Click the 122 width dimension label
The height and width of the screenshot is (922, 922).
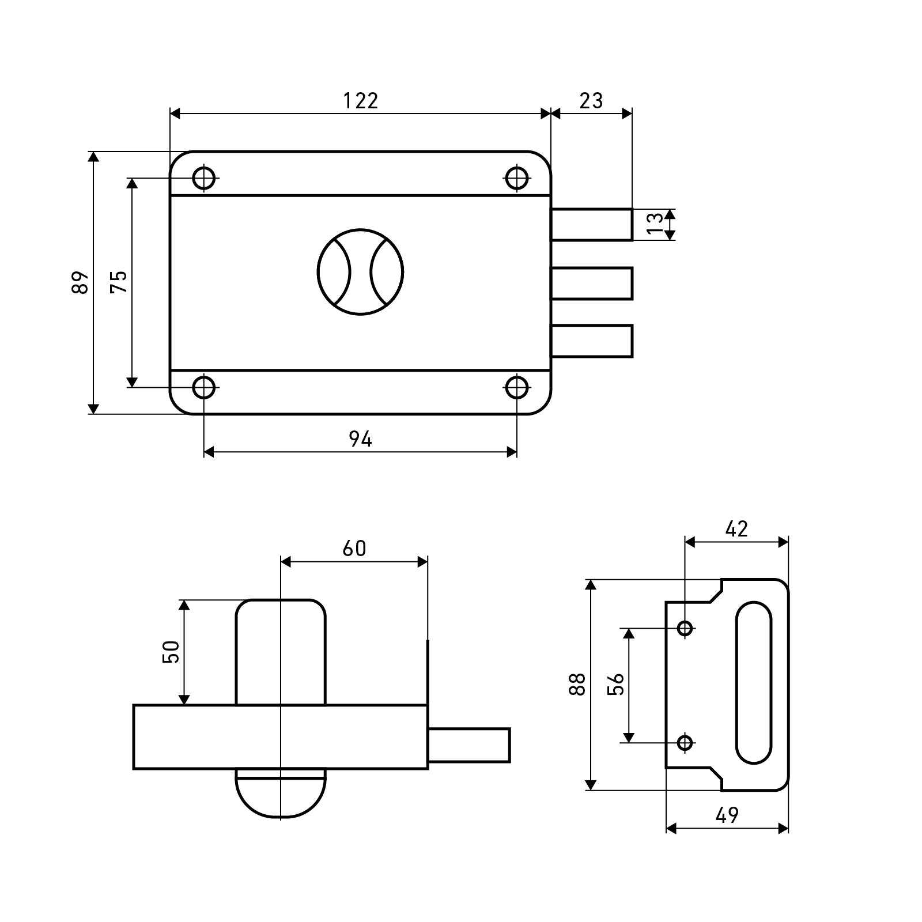(x=361, y=101)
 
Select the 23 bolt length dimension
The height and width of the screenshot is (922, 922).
(x=591, y=101)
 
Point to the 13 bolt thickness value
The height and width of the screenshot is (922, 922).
(x=655, y=224)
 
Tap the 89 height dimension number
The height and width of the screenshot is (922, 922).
(x=81, y=282)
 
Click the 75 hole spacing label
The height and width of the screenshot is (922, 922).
(x=118, y=282)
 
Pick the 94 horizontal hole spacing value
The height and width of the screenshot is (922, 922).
(x=361, y=440)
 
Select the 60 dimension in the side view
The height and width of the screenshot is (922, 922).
(x=354, y=549)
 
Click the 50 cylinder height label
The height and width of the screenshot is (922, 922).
(x=171, y=652)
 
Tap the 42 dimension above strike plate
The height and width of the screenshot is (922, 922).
(x=736, y=528)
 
